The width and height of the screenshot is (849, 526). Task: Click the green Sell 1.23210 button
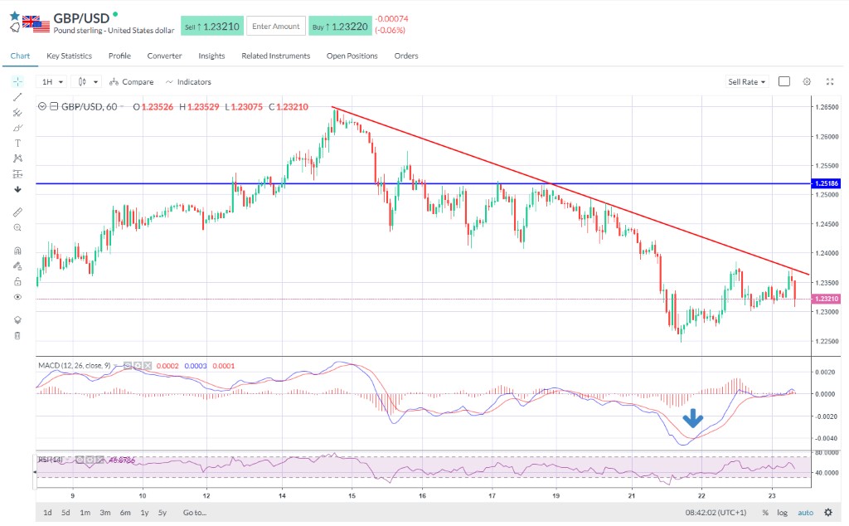[211, 27]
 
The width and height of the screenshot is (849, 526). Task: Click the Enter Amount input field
[275, 27]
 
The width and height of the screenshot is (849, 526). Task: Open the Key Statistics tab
[69, 56]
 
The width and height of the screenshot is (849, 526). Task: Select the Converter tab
[164, 56]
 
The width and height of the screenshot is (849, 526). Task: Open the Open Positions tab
[352, 56]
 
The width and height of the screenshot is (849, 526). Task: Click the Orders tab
[406, 56]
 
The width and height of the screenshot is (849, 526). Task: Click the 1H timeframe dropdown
[52, 82]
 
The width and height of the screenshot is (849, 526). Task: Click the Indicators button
[188, 82]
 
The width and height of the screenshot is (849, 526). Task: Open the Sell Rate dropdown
[746, 82]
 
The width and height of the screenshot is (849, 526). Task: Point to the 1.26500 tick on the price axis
[825, 107]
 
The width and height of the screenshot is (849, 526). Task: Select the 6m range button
[125, 513]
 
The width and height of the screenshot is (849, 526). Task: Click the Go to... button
[195, 513]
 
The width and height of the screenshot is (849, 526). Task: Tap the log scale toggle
[782, 513]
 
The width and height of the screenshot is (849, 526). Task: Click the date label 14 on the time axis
[283, 495]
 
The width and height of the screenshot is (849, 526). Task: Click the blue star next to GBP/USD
[14, 15]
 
